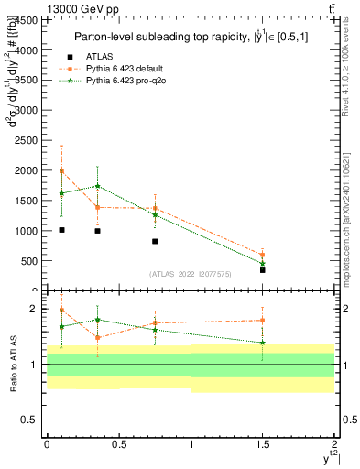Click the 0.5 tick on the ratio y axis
click(x=33, y=420)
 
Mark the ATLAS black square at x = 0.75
click(x=155, y=241)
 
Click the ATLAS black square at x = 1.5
click(x=263, y=270)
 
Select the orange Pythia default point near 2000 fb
click(x=61, y=171)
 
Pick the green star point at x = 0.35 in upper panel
click(x=97, y=186)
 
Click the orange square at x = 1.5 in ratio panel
click(x=263, y=321)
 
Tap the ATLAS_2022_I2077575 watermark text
click(x=190, y=274)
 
